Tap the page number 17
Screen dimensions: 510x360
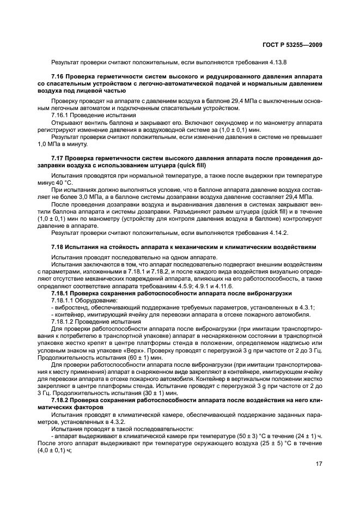point(318,464)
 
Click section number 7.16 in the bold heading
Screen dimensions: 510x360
point(58,77)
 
